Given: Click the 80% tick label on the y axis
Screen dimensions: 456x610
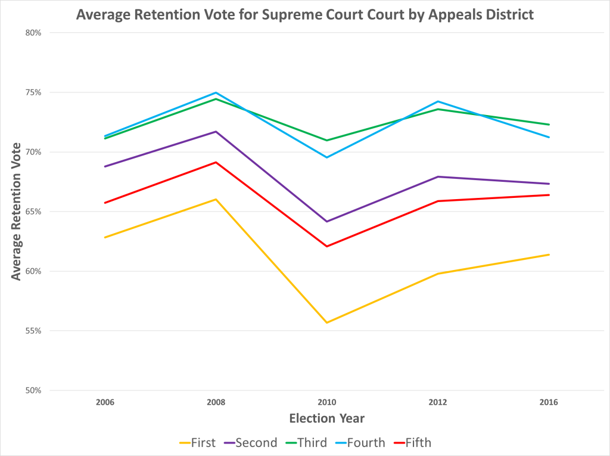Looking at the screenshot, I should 33,33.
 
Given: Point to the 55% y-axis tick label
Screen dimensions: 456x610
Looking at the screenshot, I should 33,331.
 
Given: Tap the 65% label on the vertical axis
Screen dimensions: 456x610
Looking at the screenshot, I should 33,212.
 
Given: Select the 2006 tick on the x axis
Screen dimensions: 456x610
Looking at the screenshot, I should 105,402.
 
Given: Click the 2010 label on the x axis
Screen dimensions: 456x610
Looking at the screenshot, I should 326,402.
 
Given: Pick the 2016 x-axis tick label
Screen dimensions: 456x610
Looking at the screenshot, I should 549,402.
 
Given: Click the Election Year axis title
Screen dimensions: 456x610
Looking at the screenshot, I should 326,418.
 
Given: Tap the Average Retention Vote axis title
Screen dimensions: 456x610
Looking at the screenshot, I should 17,212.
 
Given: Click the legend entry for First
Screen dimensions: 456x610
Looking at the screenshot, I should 197,443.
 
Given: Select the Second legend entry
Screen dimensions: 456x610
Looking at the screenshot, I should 251,443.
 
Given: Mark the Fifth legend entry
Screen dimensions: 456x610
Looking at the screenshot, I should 412,443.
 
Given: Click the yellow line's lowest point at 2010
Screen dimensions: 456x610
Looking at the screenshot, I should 326,322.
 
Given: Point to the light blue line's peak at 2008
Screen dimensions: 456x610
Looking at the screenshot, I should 216,92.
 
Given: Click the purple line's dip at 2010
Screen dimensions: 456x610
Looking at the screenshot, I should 326,222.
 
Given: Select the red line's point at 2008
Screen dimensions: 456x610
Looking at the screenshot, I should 216,162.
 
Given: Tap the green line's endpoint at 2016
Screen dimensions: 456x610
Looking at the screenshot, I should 549,125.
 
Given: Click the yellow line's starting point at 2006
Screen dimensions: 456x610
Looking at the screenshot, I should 105,237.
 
